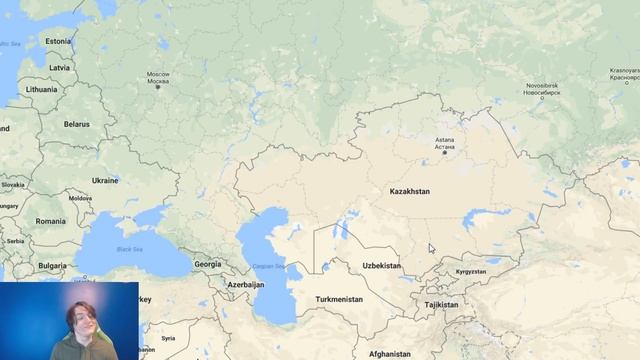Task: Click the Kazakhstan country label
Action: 409,190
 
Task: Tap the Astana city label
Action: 445,143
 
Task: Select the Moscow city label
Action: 158,77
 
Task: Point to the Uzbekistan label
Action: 381,266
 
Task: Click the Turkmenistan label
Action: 338,299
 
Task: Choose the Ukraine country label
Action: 105,180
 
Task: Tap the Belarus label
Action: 76,124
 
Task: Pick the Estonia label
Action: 58,41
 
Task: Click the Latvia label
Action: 60,67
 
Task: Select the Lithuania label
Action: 42,89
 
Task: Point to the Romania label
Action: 50,221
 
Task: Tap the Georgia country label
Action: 207,264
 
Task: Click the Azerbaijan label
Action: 245,284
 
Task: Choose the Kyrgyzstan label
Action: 470,271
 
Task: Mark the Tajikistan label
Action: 441,304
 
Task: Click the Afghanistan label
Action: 389,353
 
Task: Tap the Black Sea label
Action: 130,248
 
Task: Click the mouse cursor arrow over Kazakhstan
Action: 431,248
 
